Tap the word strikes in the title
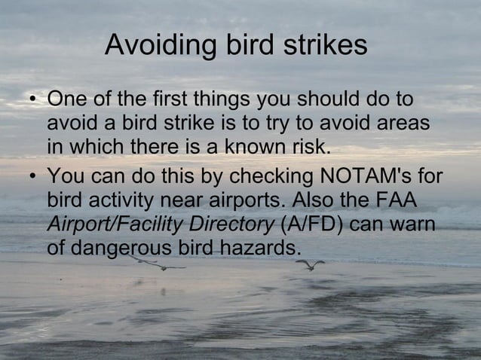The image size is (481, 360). click(x=326, y=46)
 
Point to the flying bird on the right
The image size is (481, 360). click(x=310, y=264)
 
